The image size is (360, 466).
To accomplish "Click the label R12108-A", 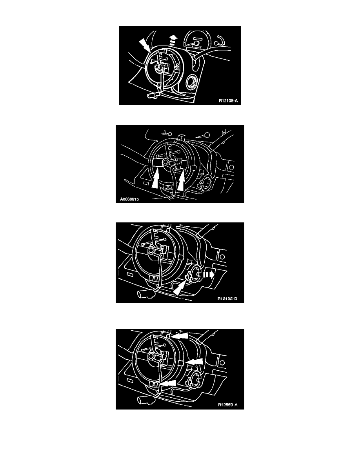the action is [228, 101].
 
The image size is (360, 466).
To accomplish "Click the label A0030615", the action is [129, 199].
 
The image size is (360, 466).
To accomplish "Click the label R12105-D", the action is [227, 299].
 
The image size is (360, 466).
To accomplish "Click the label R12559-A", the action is [228, 404].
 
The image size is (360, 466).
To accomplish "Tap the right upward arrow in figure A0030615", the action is [182, 180].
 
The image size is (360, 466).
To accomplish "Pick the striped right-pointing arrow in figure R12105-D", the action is [209, 275].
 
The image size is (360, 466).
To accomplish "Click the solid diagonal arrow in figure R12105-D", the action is [180, 288].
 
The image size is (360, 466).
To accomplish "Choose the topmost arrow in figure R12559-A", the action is [180, 335].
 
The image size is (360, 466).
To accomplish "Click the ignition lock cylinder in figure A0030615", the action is [205, 180].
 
